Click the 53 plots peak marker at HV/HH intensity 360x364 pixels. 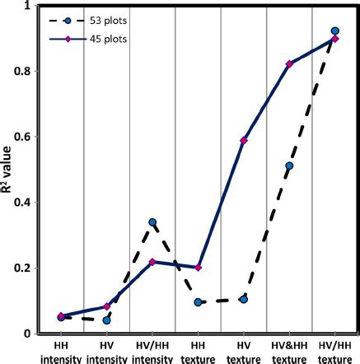click(153, 222)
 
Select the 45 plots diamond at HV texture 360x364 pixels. click(244, 141)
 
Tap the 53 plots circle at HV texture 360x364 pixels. click(244, 300)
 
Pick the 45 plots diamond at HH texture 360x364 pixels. click(199, 268)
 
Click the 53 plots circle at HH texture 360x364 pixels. click(199, 302)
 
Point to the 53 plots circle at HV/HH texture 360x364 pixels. click(334, 31)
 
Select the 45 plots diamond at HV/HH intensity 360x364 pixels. click(153, 262)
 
